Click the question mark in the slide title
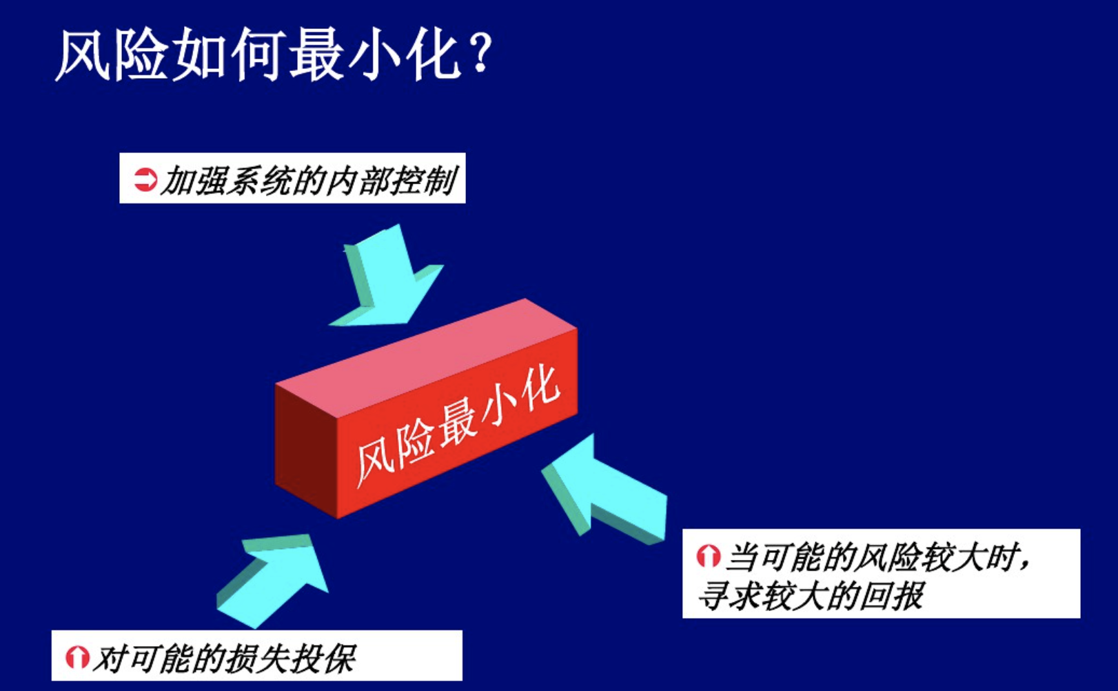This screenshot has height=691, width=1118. click(x=480, y=52)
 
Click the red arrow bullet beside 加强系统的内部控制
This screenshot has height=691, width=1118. click(x=145, y=179)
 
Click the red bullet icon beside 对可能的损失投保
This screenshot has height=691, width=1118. click(x=77, y=657)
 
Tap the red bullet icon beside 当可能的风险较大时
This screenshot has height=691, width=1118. click(x=709, y=556)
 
